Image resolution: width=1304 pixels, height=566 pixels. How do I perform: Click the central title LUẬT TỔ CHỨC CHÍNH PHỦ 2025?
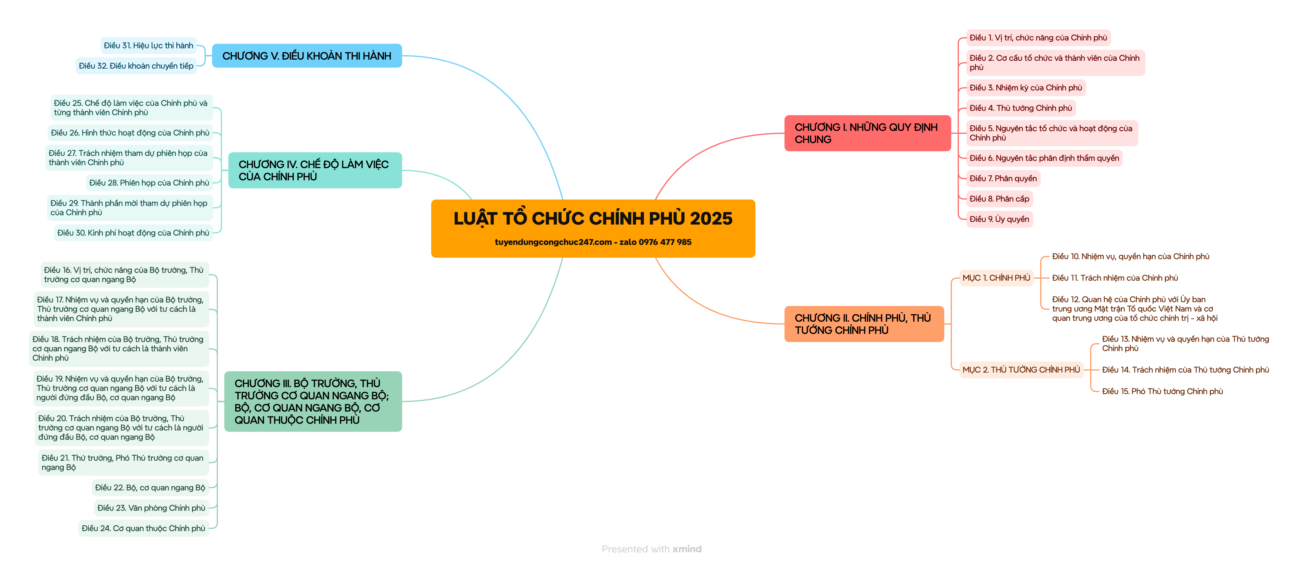click(593, 218)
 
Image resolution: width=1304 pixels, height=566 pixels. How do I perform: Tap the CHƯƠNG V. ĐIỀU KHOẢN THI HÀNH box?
click(307, 56)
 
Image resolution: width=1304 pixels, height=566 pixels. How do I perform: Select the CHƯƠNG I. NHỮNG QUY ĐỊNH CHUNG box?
click(867, 133)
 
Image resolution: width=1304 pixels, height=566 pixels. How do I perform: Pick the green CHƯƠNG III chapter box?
click(312, 401)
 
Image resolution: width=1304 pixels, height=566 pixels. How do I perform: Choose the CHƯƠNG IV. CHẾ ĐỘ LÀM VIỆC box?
click(314, 170)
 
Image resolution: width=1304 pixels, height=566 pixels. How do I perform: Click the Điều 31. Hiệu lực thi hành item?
click(148, 46)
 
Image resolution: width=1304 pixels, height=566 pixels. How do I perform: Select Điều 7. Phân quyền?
click(1003, 178)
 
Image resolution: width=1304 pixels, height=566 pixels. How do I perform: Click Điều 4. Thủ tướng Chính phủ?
click(1020, 108)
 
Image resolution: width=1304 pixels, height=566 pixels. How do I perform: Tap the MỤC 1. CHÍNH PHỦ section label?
click(996, 278)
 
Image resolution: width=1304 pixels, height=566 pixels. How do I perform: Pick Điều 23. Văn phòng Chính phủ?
click(151, 508)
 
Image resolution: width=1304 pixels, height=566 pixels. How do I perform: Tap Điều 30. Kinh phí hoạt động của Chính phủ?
click(133, 233)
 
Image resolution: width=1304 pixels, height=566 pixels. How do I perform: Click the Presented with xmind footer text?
click(651, 549)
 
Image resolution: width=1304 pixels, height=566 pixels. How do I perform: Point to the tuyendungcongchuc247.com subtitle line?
click(593, 242)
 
